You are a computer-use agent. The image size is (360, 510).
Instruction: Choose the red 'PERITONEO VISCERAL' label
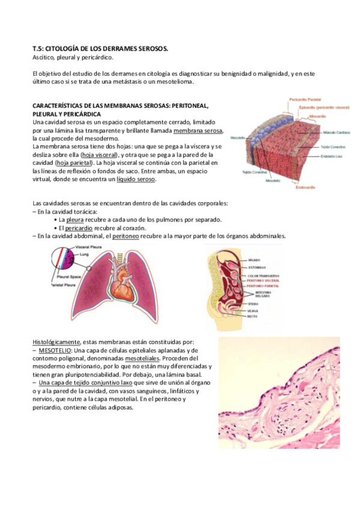tap(263, 280)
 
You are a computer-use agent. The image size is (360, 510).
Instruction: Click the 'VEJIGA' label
tap(253, 310)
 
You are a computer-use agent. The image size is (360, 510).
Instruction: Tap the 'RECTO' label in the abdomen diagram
tap(252, 316)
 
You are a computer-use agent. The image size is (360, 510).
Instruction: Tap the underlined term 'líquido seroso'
tap(136, 179)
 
